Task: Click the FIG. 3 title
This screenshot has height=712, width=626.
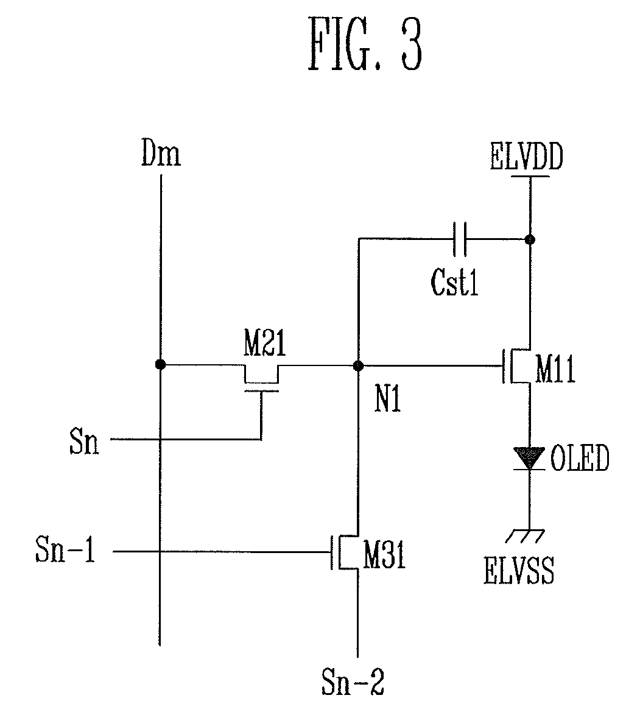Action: tap(365, 44)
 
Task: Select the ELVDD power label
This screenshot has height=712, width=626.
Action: tap(527, 156)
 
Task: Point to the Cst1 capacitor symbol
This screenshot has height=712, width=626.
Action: tap(459, 238)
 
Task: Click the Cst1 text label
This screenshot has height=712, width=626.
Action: tap(454, 282)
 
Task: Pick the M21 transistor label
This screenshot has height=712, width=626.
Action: tap(265, 343)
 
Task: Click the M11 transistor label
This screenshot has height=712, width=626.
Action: tap(555, 368)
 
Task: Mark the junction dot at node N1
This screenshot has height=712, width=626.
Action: tap(358, 365)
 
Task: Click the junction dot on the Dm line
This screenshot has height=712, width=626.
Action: tap(160, 364)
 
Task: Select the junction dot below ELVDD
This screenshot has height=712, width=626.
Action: tap(529, 239)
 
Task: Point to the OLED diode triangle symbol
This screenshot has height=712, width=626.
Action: tap(529, 458)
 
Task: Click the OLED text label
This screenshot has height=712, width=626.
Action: tap(580, 458)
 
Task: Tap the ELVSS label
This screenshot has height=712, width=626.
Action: tap(519, 571)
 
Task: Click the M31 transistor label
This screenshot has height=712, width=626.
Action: tap(384, 555)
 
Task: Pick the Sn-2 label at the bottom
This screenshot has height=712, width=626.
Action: tap(353, 681)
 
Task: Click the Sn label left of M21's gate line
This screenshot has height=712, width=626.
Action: tap(84, 441)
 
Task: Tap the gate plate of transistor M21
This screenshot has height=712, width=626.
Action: tap(261, 390)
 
